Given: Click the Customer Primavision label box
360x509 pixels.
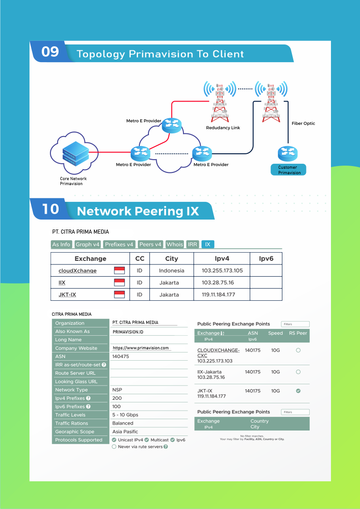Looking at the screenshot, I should [x=289, y=170].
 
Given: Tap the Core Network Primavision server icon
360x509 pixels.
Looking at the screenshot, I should [x=74, y=153].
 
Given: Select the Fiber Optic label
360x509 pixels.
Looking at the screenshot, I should [x=303, y=123].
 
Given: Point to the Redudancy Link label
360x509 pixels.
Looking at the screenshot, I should [x=223, y=128].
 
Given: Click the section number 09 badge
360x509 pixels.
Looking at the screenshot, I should [x=50, y=52].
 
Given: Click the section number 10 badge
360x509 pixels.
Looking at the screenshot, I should [x=51, y=209].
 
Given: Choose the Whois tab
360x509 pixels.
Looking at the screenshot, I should [x=175, y=245].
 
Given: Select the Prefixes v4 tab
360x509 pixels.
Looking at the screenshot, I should [x=119, y=245].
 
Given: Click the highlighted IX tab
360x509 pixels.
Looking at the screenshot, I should [x=207, y=245].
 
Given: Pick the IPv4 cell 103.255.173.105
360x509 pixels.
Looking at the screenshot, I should [x=222, y=271].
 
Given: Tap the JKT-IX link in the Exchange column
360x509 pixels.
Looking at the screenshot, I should [x=67, y=295].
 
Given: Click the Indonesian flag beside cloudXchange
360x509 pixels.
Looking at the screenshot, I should [x=119, y=271].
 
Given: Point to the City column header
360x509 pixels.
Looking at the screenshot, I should [x=172, y=259].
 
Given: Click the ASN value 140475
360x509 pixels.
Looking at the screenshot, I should [x=121, y=357].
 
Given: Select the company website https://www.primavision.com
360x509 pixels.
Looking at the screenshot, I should [x=141, y=348].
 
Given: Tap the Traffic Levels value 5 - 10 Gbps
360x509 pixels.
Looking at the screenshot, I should [x=125, y=415].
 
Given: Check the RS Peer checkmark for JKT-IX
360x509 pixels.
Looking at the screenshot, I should [x=298, y=391].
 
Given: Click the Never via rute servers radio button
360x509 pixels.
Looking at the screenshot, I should [x=114, y=447].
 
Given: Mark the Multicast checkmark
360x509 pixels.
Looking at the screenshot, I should [x=147, y=440].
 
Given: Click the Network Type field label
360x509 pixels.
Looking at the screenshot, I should [x=71, y=390].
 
